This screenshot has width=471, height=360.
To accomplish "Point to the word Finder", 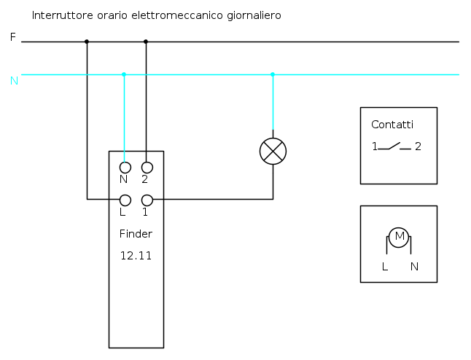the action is pyautogui.click(x=136, y=234).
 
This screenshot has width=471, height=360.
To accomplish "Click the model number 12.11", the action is pyautogui.click(x=136, y=256).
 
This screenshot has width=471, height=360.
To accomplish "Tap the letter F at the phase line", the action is pyautogui.click(x=12, y=37).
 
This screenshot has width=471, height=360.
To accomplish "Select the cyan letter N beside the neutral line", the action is pyautogui.click(x=14, y=81).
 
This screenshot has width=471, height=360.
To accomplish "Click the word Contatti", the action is pyautogui.click(x=392, y=125).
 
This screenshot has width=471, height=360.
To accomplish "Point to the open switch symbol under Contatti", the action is pyautogui.click(x=394, y=146).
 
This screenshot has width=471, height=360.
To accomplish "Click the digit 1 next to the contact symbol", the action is pyautogui.click(x=375, y=146).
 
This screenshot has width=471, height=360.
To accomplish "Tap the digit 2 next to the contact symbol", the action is pyautogui.click(x=418, y=146).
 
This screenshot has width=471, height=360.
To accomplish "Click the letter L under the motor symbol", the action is pyautogui.click(x=385, y=266).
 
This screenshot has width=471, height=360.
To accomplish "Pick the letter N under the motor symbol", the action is pyautogui.click(x=414, y=266).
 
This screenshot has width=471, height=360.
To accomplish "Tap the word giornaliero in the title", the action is pyautogui.click(x=254, y=15).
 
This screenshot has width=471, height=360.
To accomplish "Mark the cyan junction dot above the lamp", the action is pyautogui.click(x=273, y=74).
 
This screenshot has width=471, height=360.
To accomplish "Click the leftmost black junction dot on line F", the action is pyautogui.click(x=87, y=42).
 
